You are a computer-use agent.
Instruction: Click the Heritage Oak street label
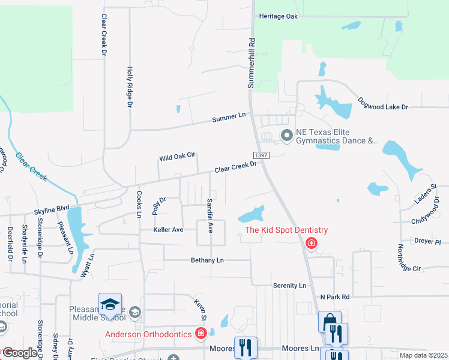(279, 16)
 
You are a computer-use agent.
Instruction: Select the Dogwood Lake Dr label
(383, 103)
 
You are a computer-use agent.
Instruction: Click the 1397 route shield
(261, 155)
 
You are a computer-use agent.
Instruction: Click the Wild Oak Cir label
(177, 157)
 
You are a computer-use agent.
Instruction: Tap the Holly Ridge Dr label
(129, 87)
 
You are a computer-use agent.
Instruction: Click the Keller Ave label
(168, 229)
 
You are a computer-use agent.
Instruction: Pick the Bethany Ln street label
(207, 260)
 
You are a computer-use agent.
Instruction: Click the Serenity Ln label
(289, 286)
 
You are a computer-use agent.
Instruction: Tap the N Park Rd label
(335, 296)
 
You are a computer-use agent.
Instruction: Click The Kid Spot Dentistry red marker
(311, 243)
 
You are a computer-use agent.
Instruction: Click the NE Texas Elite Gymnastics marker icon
(286, 137)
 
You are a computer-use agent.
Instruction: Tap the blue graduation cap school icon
(110, 304)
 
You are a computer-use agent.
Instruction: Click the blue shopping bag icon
(329, 322)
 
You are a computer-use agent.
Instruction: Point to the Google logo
(20, 353)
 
